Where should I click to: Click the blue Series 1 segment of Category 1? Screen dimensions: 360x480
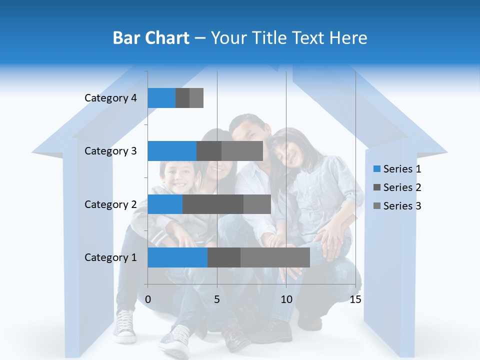coord(177,257)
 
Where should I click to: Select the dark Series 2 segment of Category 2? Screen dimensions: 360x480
coord(213,204)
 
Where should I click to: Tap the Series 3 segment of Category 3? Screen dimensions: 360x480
coord(242,151)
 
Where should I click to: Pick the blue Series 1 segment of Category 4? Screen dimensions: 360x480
coord(161,98)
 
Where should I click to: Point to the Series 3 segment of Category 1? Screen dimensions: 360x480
coord(275,257)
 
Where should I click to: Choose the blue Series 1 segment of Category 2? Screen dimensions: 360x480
coord(165,204)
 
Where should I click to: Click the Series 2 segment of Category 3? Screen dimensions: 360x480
coord(209,151)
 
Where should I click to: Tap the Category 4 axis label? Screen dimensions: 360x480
coord(110,98)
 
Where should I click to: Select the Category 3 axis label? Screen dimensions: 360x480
coord(110,151)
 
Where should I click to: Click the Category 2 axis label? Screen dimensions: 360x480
coord(110,204)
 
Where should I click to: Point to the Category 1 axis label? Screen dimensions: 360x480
coord(110,257)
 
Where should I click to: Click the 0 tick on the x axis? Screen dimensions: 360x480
coord(148,299)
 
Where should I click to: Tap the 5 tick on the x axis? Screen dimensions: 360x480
coord(217,299)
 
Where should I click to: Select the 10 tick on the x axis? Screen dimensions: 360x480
coord(286,299)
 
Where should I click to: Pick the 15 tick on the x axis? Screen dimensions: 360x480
coord(355,299)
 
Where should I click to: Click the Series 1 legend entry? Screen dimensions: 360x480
coord(397,169)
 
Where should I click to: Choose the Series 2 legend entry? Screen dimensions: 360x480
coord(397,187)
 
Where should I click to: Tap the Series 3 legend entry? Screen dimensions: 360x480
coord(397,206)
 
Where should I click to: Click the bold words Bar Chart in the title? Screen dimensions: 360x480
coord(151,38)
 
